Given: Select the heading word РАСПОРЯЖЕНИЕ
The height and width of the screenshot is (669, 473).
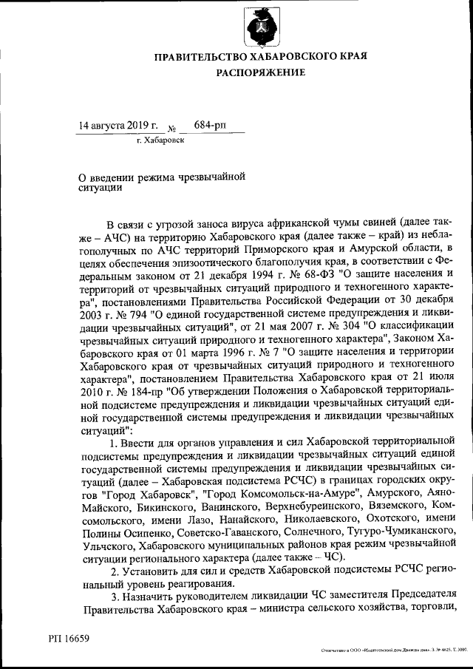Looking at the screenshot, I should pyautogui.click(x=260, y=72).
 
